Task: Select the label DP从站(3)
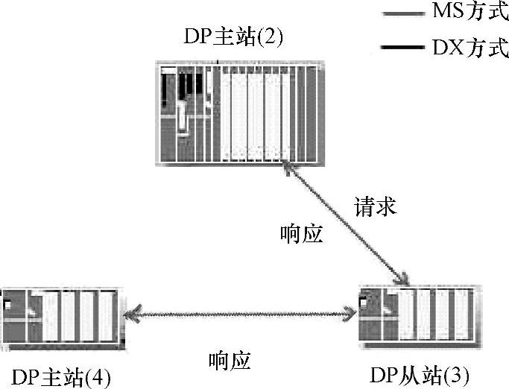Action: (x=420, y=375)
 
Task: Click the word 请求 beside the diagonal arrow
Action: (x=375, y=206)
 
